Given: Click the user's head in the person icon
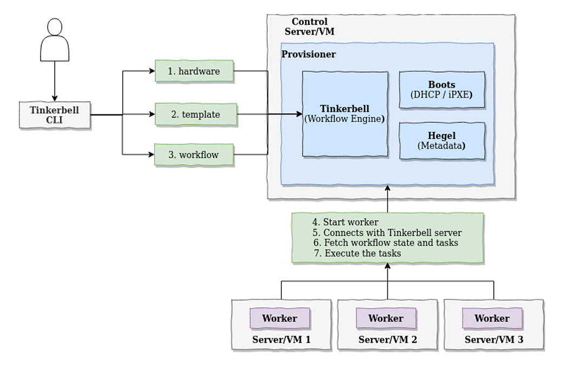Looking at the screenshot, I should [x=55, y=28].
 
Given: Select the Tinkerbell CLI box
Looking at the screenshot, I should [x=54, y=115].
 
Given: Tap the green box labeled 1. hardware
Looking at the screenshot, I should [x=194, y=71].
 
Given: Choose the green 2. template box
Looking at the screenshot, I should [x=195, y=114].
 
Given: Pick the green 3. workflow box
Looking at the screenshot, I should [x=194, y=154].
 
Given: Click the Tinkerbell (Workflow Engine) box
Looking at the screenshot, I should [x=345, y=114].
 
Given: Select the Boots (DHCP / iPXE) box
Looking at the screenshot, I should [x=441, y=90].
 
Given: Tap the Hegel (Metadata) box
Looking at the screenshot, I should [x=441, y=140].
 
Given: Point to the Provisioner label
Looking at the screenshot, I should [x=308, y=55].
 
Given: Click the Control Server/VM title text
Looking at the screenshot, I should [x=309, y=27].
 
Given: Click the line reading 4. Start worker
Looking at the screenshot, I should [x=345, y=222].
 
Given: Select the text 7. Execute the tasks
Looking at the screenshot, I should [x=357, y=253].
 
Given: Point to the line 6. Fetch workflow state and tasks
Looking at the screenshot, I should [x=385, y=243].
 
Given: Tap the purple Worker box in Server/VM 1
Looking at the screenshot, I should [x=280, y=318].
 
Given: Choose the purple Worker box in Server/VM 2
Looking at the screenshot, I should [x=386, y=318].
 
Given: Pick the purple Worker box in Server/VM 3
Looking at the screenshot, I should [x=492, y=318].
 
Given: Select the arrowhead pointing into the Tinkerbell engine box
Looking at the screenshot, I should [x=299, y=114].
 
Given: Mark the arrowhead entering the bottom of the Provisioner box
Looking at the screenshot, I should [x=387, y=189].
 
